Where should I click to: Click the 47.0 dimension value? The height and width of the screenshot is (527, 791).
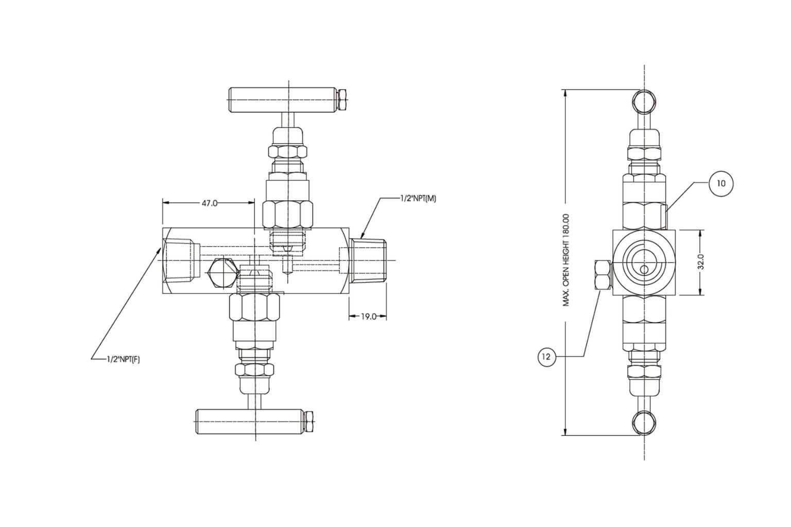coord(209,203)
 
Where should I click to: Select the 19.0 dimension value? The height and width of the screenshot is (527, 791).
coord(367,317)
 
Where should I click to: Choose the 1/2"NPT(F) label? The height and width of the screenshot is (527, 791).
coord(123,360)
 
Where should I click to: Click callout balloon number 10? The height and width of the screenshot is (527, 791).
coord(720,184)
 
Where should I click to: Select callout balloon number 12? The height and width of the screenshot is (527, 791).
coord(547,356)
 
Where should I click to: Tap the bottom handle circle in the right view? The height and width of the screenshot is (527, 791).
coord(644,423)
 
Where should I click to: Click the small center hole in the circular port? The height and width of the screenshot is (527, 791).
coord(644,270)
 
